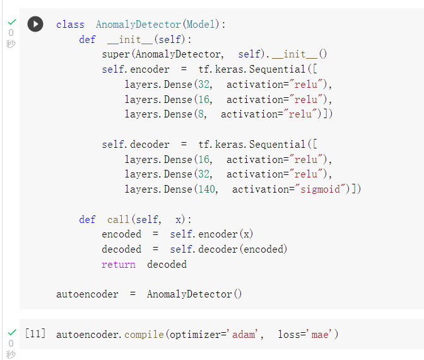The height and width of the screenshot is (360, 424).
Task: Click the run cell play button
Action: pyautogui.click(x=35, y=24)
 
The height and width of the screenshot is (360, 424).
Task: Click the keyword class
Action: pyautogui.click(x=70, y=25)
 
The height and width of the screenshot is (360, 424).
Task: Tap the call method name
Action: pyautogui.click(x=118, y=219)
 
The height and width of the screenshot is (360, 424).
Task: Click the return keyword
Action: pyautogui.click(x=119, y=264)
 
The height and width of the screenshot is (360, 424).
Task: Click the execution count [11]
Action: pyautogui.click(x=35, y=333)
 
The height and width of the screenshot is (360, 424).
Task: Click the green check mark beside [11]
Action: pyautogui.click(x=11, y=332)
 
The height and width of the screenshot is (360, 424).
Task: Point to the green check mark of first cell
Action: pyautogui.click(x=11, y=21)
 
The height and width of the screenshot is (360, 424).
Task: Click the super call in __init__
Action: pyautogui.click(x=116, y=55)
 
